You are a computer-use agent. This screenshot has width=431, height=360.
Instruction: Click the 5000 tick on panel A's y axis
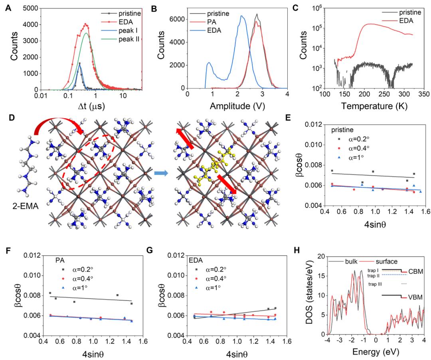pyautogui.click(x=25, y=7)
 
